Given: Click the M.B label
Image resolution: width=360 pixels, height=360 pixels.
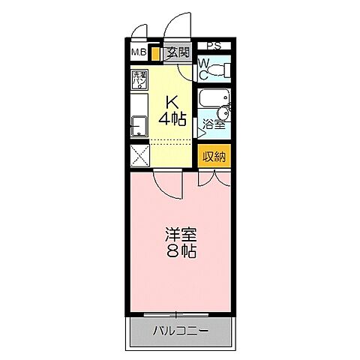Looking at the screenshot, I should [x=139, y=52].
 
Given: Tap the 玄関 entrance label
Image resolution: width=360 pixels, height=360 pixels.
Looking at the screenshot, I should [x=177, y=52].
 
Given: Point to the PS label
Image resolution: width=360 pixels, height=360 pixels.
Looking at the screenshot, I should [x=214, y=46].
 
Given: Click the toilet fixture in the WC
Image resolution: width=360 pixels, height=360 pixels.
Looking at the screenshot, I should [x=217, y=71].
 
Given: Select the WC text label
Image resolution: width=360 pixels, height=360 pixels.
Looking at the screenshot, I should [x=203, y=70].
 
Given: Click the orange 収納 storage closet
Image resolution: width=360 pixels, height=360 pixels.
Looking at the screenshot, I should [x=214, y=157].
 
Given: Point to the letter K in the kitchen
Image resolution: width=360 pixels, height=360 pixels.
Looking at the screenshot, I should [x=172, y=102].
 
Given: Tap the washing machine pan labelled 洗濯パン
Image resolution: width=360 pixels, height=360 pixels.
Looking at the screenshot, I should [x=140, y=79].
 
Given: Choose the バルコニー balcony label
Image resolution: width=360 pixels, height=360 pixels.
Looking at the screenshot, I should [x=180, y=331].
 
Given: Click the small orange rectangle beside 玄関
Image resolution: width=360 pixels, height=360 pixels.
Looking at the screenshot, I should [x=155, y=54].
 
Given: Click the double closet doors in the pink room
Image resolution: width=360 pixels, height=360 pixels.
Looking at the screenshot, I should [x=212, y=178].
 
